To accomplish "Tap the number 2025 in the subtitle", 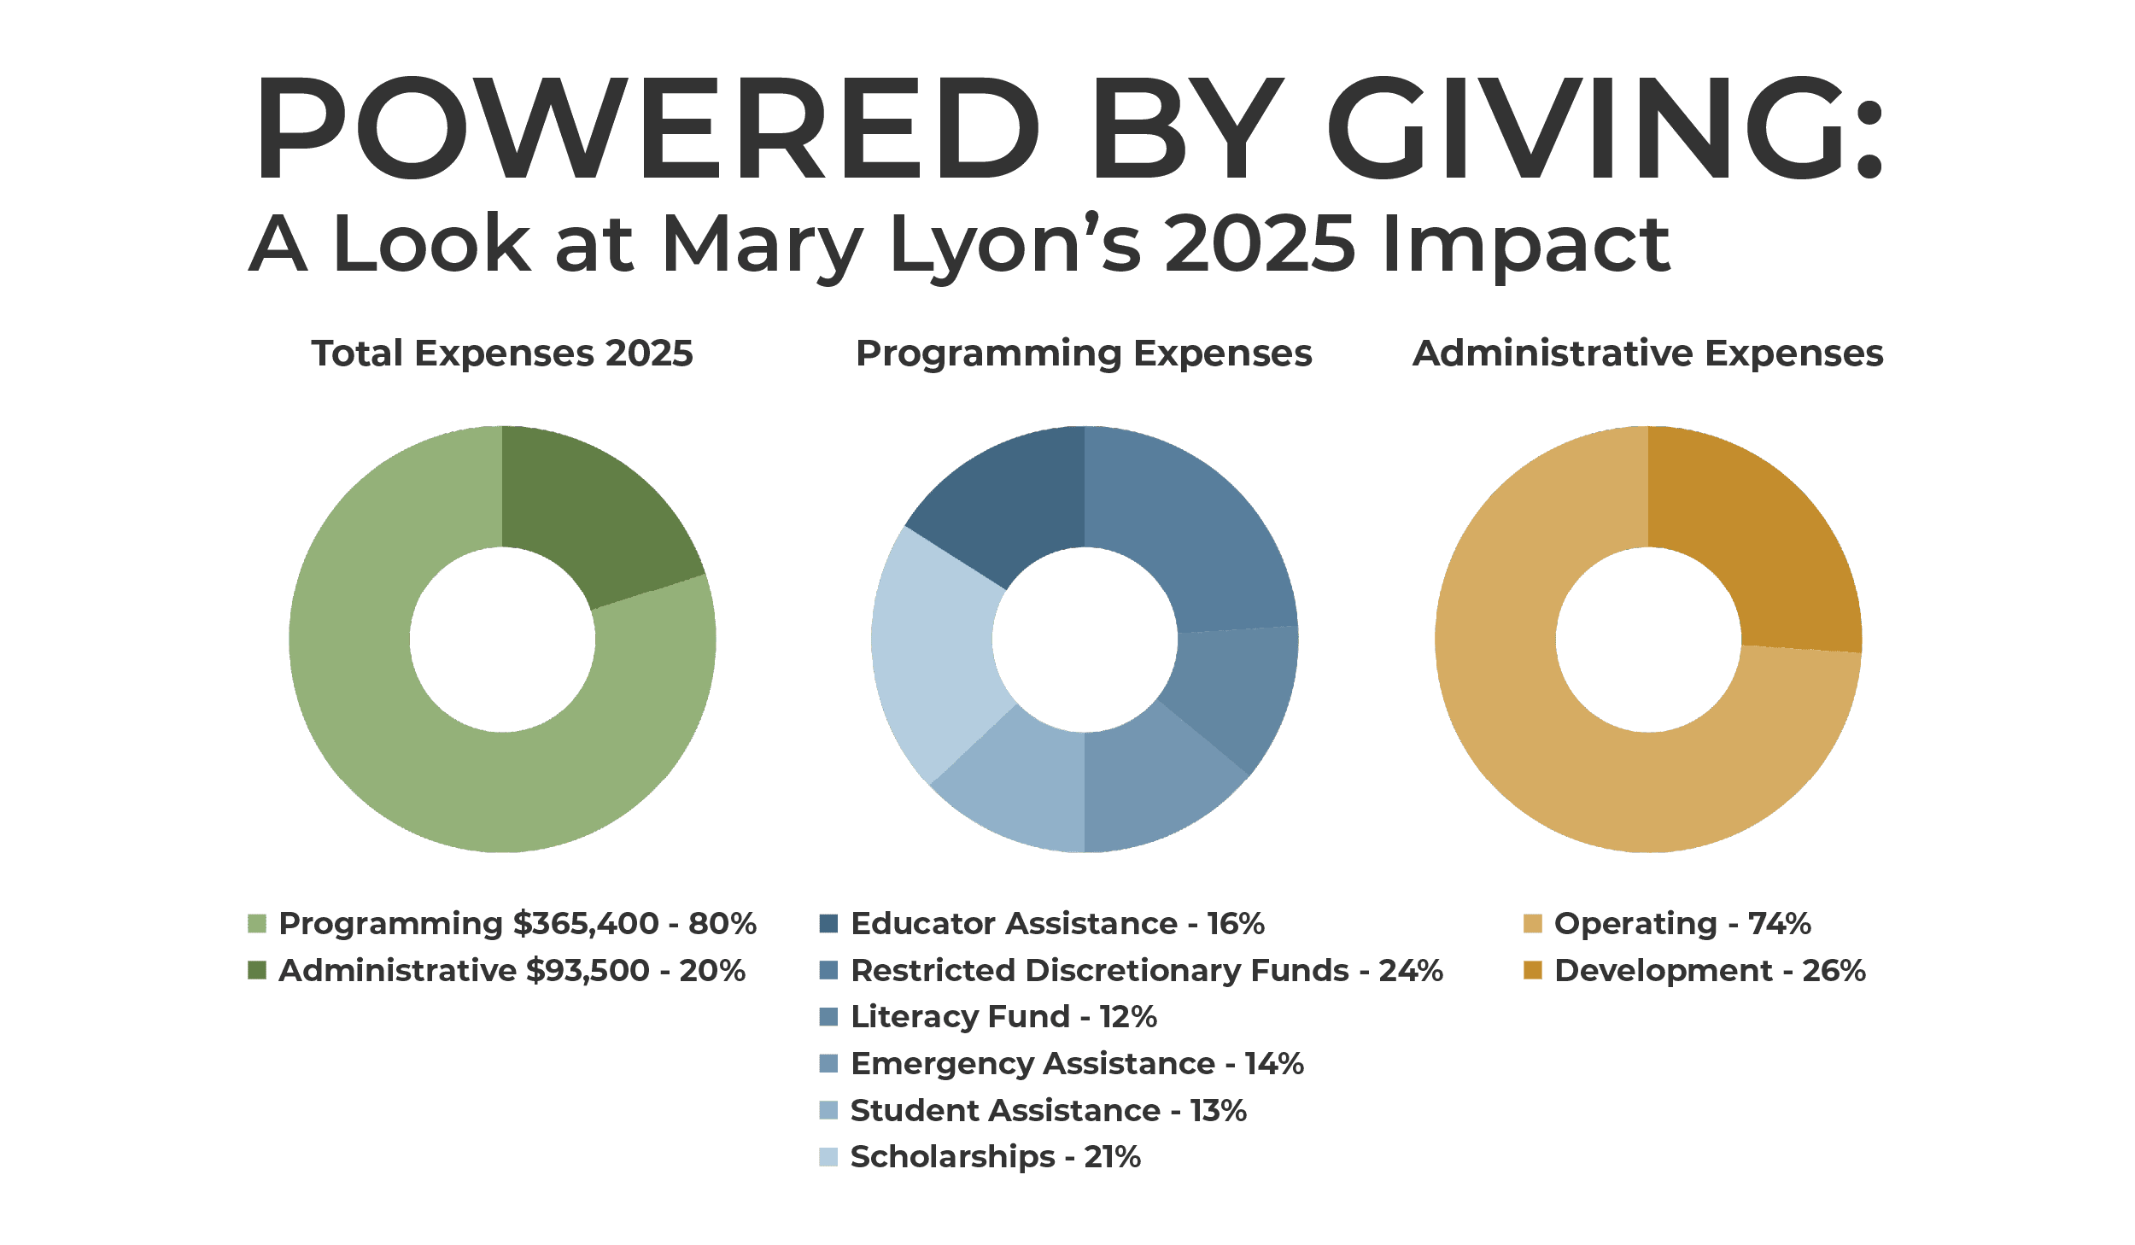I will click(x=1259, y=243).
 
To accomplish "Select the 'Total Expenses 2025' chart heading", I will click(x=502, y=354).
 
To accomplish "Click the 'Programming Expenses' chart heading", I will click(x=1084, y=354).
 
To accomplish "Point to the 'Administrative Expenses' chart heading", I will click(x=1647, y=354).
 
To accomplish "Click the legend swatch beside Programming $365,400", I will click(x=257, y=924).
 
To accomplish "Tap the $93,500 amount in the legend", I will click(x=588, y=971).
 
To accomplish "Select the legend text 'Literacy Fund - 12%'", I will click(x=1003, y=1017).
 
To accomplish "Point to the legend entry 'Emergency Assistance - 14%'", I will click(x=1077, y=1064).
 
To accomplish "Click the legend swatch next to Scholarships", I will click(x=828, y=1157).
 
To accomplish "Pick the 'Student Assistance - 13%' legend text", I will click(x=1049, y=1111).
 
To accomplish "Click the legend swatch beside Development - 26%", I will click(x=1533, y=971).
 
